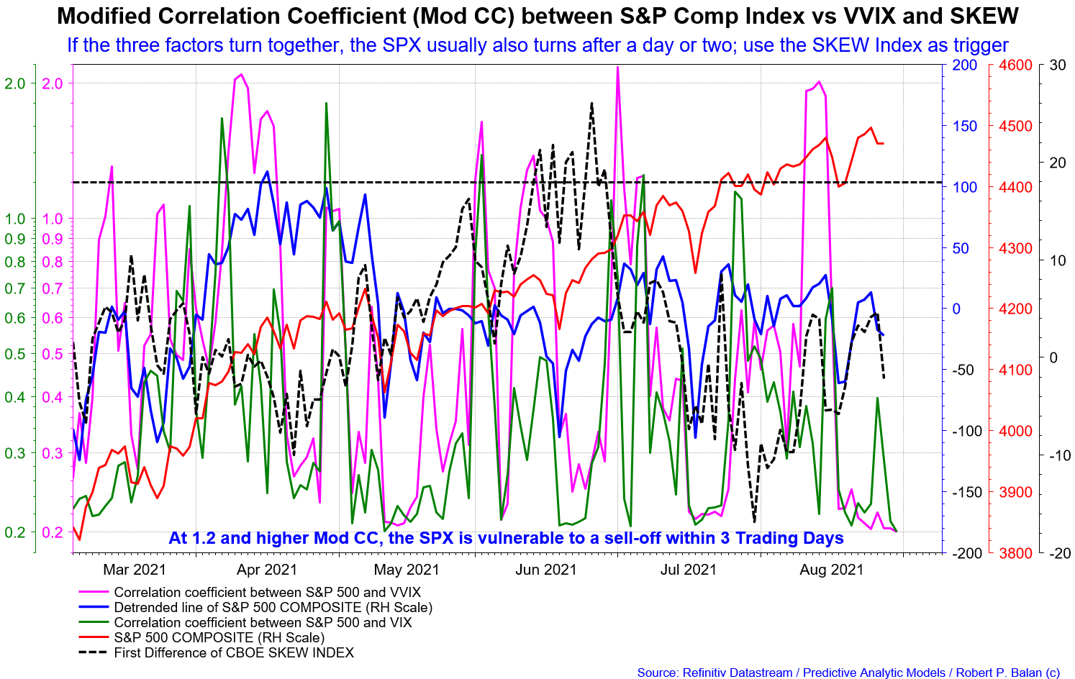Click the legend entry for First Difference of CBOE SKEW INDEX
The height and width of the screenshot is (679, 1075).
pos(234,653)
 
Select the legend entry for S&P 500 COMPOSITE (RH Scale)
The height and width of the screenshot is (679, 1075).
pos(219,638)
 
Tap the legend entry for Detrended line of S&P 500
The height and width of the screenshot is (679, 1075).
pos(273,608)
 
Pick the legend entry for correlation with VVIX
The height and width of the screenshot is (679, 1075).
pos(267,593)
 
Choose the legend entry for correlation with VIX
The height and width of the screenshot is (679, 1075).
pos(263,623)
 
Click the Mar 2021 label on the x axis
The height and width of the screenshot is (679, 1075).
pos(135,570)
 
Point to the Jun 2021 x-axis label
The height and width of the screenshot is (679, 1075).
pos(546,570)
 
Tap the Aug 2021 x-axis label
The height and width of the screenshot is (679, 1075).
pos(832,570)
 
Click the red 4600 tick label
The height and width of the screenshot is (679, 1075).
pos(1015,65)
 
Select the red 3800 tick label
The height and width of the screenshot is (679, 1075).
pos(1015,553)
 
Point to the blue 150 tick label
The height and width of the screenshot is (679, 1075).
pos(965,126)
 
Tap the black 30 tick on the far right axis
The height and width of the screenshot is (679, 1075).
pos(1058,65)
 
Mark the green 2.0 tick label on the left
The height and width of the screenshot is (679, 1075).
pos(14,83)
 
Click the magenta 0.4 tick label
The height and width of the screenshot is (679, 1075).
pos(53,398)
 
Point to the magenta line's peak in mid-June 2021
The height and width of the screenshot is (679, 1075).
pos(617,68)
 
